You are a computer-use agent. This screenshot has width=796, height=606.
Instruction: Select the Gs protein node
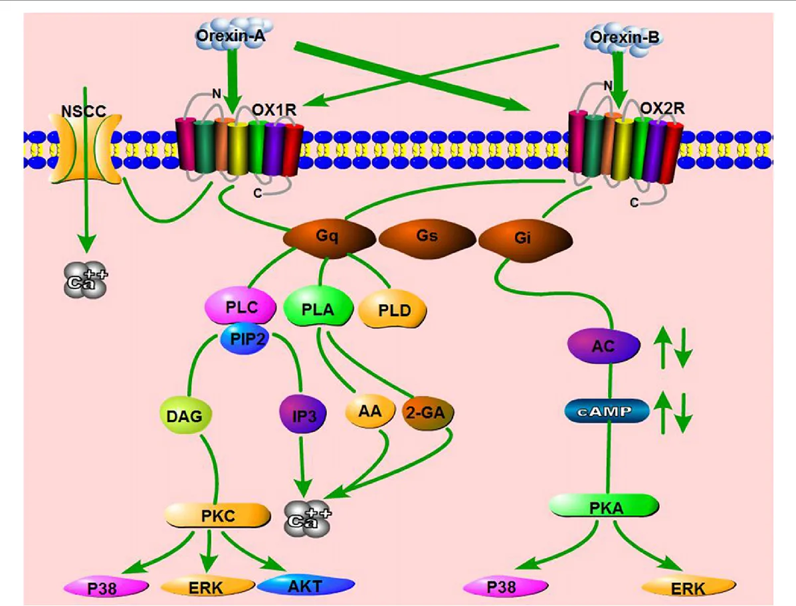(427, 237)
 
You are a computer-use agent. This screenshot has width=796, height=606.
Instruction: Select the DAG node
(186, 416)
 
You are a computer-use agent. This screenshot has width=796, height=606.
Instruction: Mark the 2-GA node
(429, 413)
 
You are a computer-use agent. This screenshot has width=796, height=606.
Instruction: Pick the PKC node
(218, 516)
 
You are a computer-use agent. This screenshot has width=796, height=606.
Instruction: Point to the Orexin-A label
(231, 37)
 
